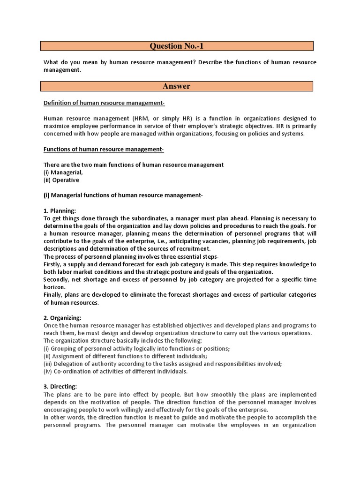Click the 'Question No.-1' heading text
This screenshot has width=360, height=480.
click(177, 46)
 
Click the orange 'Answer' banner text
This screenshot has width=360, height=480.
click(176, 86)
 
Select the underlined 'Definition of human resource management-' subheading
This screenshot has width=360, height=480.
click(104, 103)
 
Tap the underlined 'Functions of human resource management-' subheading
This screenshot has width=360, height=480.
click(104, 149)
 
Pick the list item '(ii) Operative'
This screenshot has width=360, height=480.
click(61, 180)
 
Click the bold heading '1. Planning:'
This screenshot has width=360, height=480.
click(60, 210)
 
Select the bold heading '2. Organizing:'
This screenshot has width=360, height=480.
click(62, 317)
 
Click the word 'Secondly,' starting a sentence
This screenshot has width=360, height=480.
click(56, 279)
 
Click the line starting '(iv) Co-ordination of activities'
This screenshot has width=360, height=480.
click(115, 371)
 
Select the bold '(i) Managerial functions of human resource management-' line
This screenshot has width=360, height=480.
click(123, 195)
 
